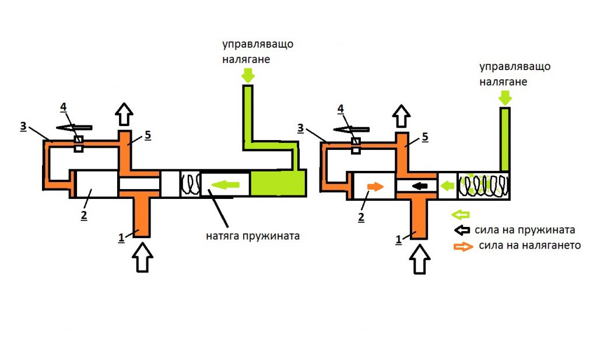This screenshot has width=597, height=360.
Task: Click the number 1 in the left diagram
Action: [x=121, y=237]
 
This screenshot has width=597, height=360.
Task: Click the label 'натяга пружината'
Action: [x=252, y=237]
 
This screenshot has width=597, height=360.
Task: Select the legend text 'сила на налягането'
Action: [x=529, y=245]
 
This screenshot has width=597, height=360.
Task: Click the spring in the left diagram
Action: [x=190, y=184]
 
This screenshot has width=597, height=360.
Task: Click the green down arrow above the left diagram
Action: [x=248, y=75]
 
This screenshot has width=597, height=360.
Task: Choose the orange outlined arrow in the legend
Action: [x=464, y=246]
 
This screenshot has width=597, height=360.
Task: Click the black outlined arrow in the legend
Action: [x=464, y=230]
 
